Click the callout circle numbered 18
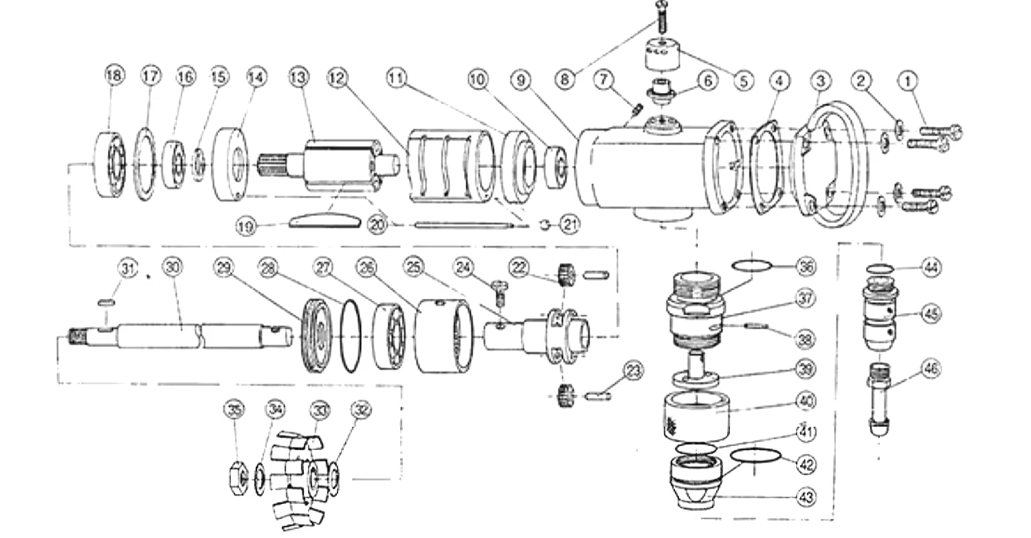pyautogui.click(x=114, y=76)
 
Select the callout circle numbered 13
pyautogui.click(x=299, y=76)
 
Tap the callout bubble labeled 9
pyautogui.click(x=520, y=81)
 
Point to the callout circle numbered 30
pyautogui.click(x=172, y=267)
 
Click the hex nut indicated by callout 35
pyautogui.click(x=235, y=477)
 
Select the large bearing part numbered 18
pyautogui.click(x=109, y=164)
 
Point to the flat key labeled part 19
pyautogui.click(x=325, y=221)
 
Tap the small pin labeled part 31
pyautogui.click(x=105, y=303)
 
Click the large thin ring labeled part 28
pyautogui.click(x=351, y=335)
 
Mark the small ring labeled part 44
pyautogui.click(x=880, y=269)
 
